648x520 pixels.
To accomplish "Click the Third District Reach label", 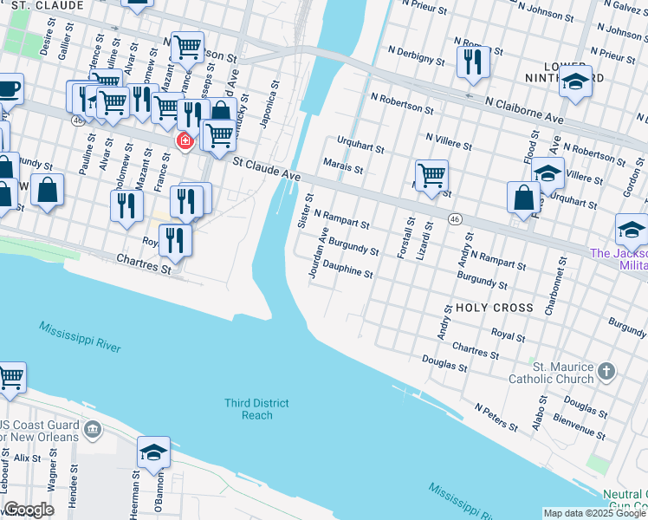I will pyautogui.click(x=256, y=409).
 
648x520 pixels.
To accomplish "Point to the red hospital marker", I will pyautogui.click(x=185, y=140).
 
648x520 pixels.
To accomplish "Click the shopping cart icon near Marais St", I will pyautogui.click(x=431, y=176).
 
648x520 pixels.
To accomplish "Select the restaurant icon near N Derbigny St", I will pyautogui.click(x=472, y=62).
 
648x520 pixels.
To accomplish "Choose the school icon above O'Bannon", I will pyautogui.click(x=153, y=452).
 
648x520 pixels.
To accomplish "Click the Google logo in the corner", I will pyautogui.click(x=28, y=510).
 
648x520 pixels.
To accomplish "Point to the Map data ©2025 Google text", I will pyautogui.click(x=593, y=514).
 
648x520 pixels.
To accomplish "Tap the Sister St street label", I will pyautogui.click(x=304, y=211).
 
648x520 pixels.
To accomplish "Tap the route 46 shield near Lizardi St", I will pyautogui.click(x=455, y=220).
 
